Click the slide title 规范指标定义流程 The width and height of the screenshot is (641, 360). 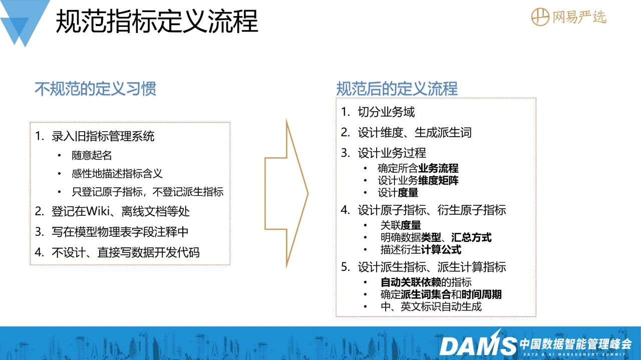(157, 21)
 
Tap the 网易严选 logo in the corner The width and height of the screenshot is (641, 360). (568, 17)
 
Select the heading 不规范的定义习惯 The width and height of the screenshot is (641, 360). (96, 89)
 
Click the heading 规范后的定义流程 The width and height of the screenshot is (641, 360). (397, 89)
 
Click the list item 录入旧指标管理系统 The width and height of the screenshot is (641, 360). (103, 136)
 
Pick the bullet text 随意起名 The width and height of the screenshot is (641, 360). (92, 155)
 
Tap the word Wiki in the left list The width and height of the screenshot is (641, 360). (98, 211)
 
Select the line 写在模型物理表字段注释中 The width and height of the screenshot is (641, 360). (120, 232)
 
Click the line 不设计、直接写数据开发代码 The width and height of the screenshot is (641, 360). (126, 252)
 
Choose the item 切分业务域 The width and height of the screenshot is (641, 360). (386, 112)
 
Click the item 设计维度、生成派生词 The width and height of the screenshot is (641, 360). (415, 133)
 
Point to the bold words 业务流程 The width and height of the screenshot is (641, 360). (438, 168)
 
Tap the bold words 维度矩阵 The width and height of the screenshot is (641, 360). (438, 181)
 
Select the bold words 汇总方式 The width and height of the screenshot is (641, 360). (471, 237)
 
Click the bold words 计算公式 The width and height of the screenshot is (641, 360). (441, 250)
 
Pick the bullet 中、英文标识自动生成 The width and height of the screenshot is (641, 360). (431, 307)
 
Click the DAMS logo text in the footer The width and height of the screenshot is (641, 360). (478, 345)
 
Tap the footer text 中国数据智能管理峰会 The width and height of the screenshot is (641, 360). (575, 344)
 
